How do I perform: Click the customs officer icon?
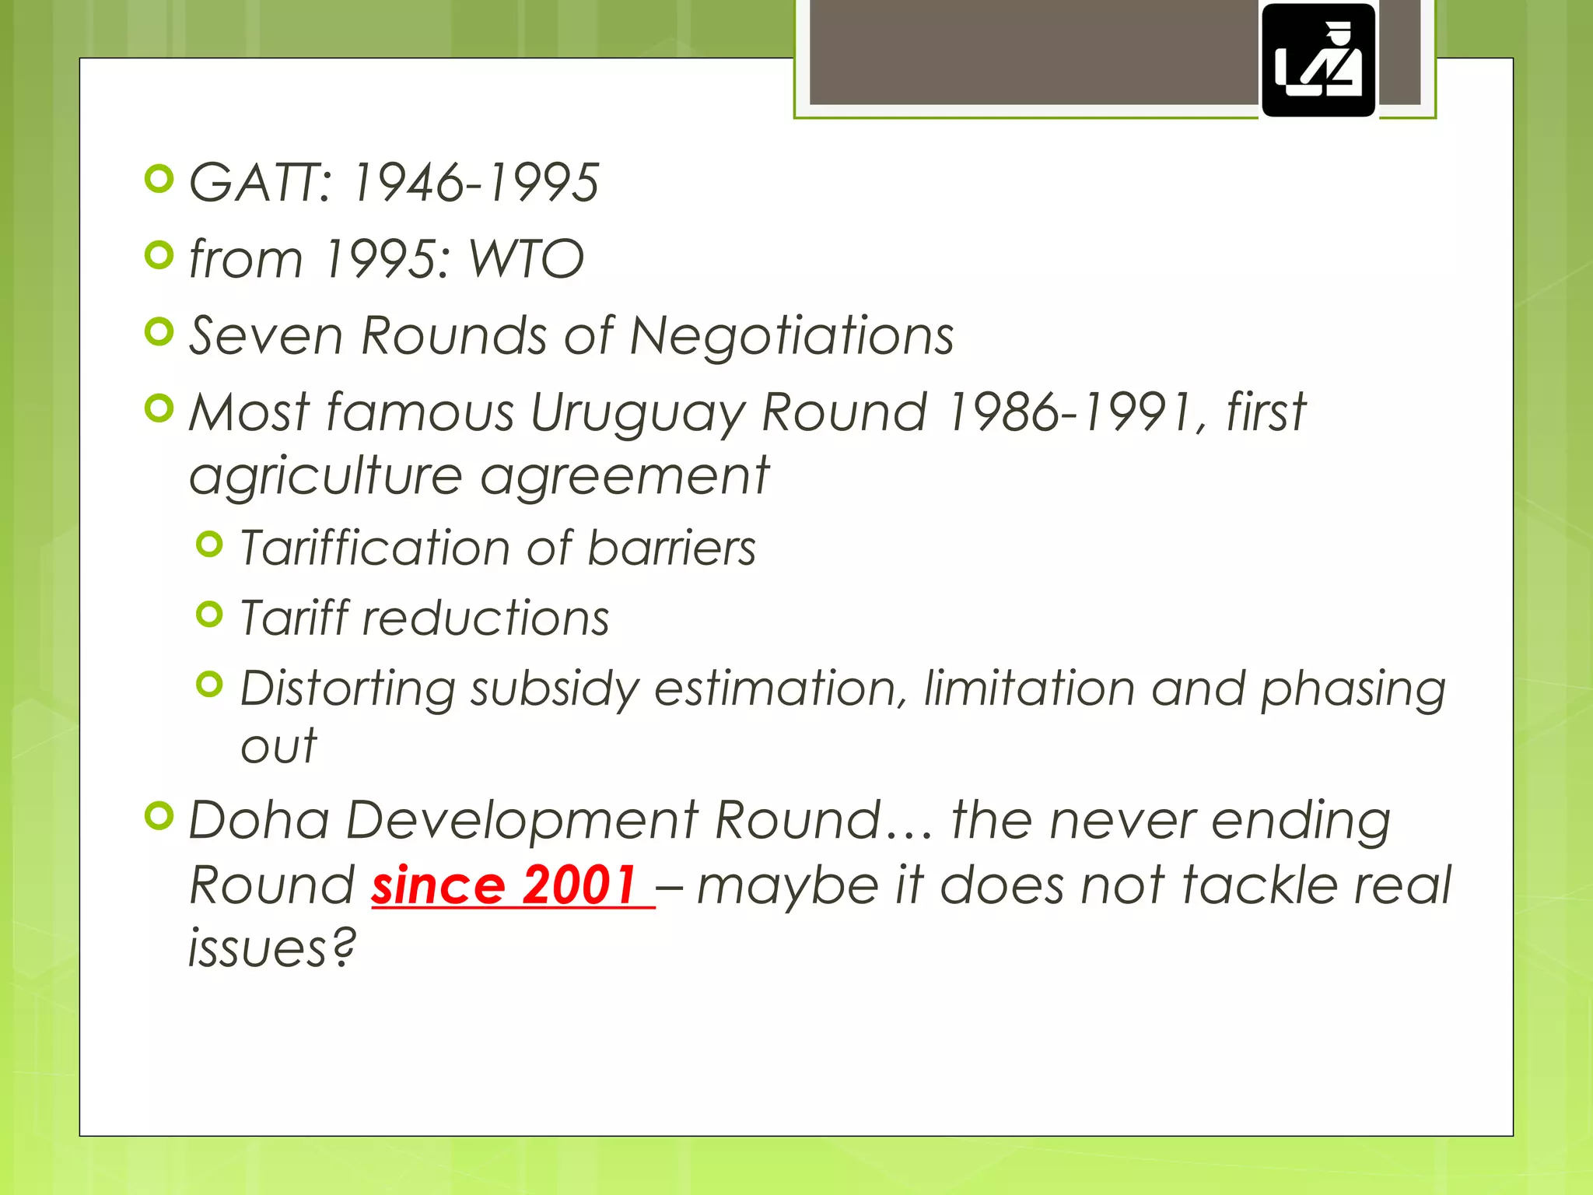1318,61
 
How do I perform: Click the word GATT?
261,184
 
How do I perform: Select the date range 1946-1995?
475,184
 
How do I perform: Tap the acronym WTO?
527,259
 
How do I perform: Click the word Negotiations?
791,336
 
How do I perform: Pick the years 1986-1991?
1070,412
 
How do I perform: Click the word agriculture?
326,477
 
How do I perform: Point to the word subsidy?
555,690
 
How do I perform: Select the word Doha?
259,820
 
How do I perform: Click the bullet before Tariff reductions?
209,615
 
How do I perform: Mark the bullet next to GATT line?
159,180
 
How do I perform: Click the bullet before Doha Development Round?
159,815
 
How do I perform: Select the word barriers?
671,548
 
